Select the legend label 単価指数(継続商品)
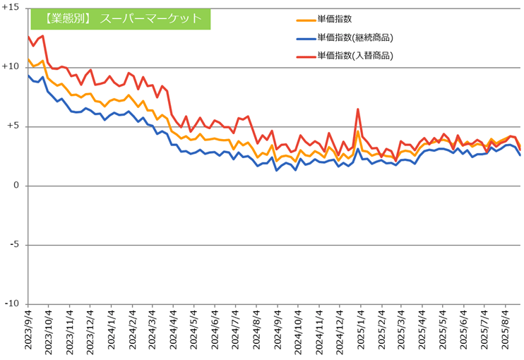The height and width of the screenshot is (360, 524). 355,38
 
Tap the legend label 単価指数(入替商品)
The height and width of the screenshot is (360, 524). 355,55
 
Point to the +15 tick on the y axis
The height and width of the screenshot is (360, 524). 11,7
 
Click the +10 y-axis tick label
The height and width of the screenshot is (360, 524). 11,66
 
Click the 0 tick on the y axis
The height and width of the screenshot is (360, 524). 16,186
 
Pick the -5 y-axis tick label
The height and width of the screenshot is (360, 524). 13,245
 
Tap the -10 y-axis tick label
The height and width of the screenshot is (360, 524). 11,304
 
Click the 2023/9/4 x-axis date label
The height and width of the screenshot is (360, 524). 28,331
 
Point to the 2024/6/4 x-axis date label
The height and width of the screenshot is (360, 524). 215,331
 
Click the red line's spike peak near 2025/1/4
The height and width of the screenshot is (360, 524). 358,109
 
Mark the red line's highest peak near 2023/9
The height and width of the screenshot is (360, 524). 42,35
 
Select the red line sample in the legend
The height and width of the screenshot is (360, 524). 304,55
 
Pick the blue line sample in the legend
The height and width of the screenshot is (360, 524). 304,38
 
